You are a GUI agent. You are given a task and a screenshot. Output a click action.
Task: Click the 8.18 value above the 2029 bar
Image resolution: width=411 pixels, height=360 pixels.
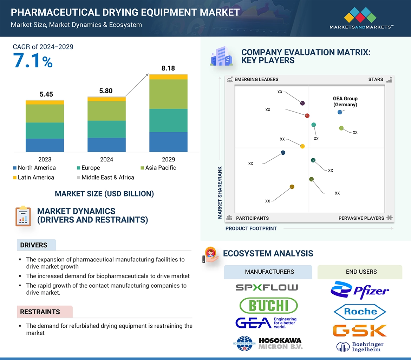pos(168,68)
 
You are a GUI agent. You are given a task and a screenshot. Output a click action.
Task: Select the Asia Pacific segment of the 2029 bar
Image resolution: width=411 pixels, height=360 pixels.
pos(168,94)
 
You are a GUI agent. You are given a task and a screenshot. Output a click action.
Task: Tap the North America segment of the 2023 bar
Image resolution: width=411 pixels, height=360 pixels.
pos(45,145)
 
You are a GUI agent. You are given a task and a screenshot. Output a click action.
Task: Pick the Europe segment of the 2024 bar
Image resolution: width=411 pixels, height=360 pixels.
pos(106,129)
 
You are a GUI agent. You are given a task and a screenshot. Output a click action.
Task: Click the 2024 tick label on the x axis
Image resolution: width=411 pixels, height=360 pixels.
pos(106,159)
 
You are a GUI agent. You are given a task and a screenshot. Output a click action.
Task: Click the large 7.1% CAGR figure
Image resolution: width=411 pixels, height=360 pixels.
pos(33,60)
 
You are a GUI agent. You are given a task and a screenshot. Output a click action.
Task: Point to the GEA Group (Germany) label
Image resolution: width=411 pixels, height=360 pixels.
pos(345,101)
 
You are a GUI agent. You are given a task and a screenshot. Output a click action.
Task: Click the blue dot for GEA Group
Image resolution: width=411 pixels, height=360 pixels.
pos(340,112)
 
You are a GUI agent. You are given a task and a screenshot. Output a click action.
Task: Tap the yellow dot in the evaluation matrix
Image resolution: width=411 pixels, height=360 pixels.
pos(302,146)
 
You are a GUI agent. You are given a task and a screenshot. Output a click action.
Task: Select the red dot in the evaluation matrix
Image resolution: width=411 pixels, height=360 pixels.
pos(307,116)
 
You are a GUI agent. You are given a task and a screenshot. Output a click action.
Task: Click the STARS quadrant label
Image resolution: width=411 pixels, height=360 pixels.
pos(376,79)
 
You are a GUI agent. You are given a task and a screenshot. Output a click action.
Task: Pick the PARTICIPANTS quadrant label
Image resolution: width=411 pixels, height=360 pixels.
pos(252,218)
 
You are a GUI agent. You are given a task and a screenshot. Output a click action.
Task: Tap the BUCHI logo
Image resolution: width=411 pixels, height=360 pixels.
pos(268,305)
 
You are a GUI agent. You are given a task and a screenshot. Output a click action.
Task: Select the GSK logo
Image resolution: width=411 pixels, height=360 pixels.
pos(360,331)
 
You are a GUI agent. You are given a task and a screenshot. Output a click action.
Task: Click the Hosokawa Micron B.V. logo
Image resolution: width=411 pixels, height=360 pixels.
pos(268,344)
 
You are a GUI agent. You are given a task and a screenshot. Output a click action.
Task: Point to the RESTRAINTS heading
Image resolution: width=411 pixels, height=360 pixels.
pos(40,312)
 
